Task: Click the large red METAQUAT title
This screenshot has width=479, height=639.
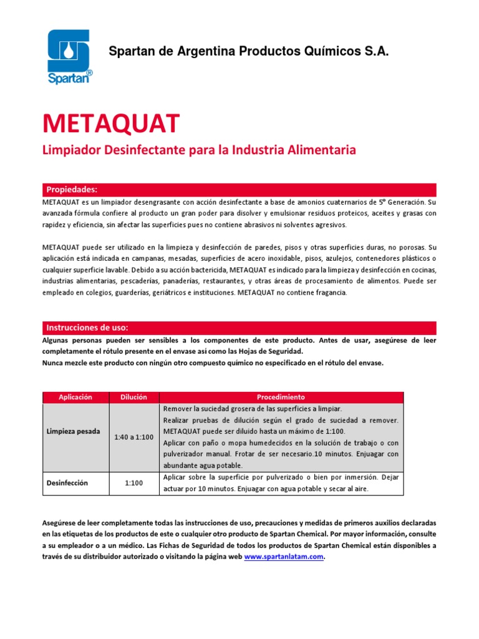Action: pyautogui.click(x=111, y=124)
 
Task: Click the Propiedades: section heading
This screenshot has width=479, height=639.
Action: pyautogui.click(x=72, y=189)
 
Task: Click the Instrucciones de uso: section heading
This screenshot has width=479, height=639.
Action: pyautogui.click(x=87, y=328)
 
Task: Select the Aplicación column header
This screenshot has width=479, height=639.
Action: pyautogui.click(x=75, y=397)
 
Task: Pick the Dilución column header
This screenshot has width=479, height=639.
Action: pyautogui.click(x=133, y=397)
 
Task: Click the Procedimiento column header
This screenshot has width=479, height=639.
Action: pyautogui.click(x=281, y=397)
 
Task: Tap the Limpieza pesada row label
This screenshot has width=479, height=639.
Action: pyautogui.click(x=73, y=432)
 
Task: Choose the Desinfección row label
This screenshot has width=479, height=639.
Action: pyautogui.click(x=67, y=483)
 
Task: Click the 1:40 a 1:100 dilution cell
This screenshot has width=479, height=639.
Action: pyautogui.click(x=133, y=437)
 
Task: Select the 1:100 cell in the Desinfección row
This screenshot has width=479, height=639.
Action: pyautogui.click(x=133, y=483)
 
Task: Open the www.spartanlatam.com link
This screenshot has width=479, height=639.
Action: pyautogui.click(x=284, y=557)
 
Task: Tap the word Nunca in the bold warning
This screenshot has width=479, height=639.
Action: pyautogui.click(x=54, y=363)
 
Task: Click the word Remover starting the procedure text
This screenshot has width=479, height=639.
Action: pyautogui.click(x=177, y=409)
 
